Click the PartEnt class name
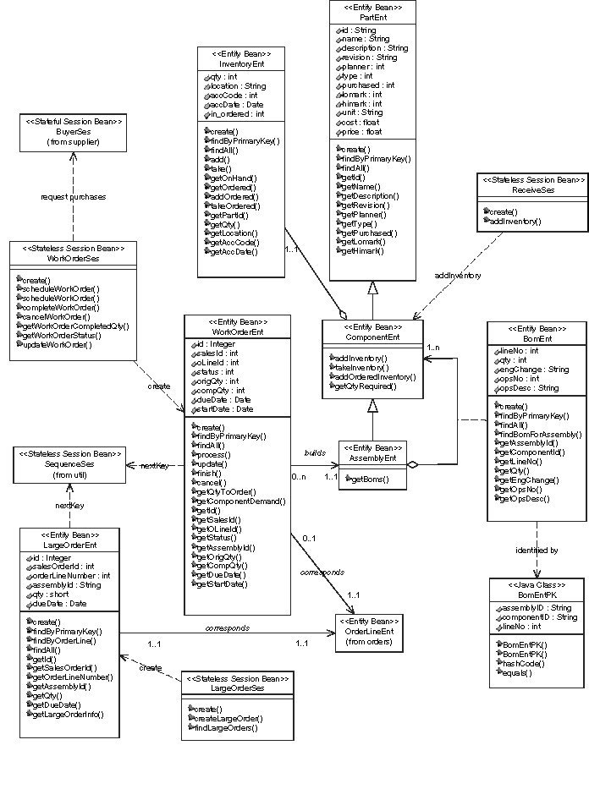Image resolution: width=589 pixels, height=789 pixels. (x=372, y=16)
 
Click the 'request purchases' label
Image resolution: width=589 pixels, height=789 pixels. (x=73, y=197)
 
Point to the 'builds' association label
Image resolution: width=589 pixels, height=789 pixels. (x=315, y=454)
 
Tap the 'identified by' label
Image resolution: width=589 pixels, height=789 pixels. (x=537, y=551)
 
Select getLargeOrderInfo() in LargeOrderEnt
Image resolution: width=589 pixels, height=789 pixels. (x=69, y=714)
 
